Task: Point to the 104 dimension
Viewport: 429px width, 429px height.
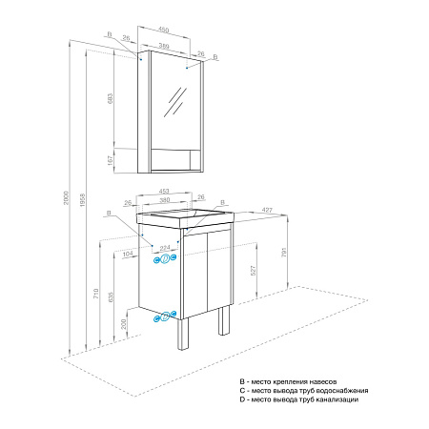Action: coord(128,255)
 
